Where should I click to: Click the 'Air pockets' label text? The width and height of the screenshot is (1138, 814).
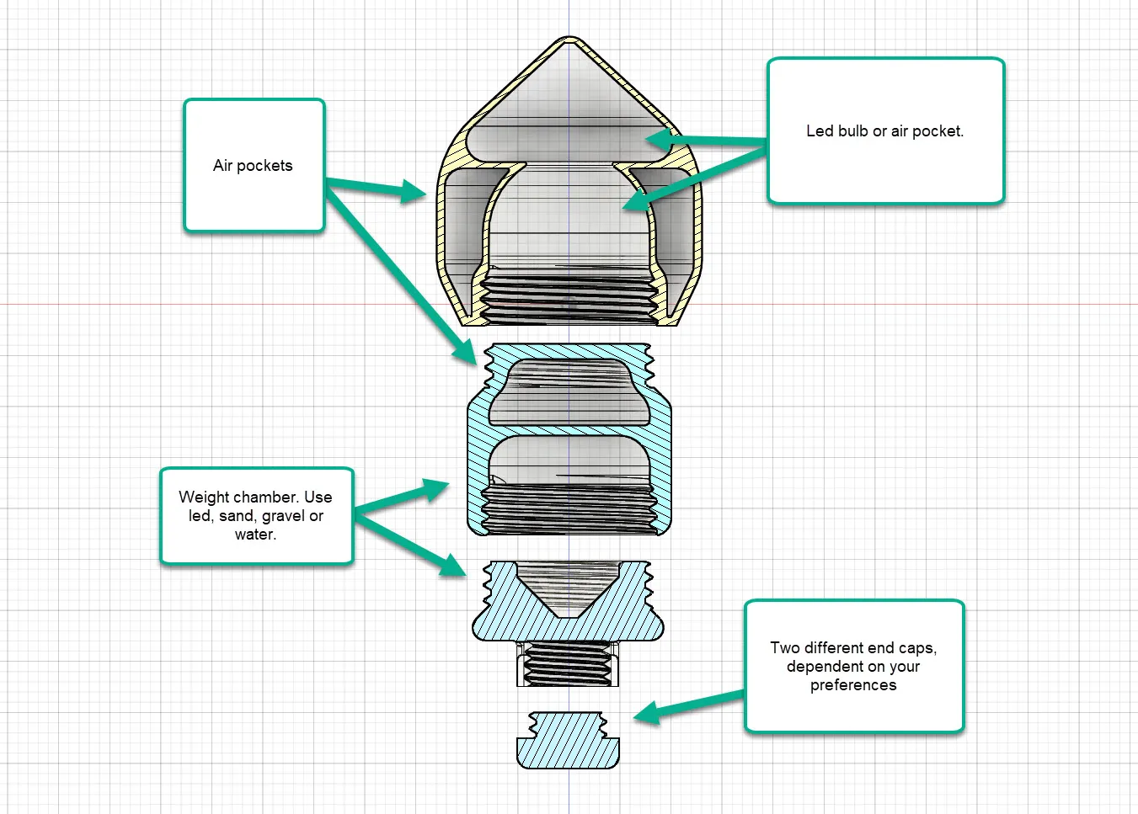pyautogui.click(x=253, y=166)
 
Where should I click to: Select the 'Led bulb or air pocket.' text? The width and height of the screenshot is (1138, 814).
pyautogui.click(x=884, y=131)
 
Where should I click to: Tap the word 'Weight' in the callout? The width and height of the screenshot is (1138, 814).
pyautogui.click(x=204, y=497)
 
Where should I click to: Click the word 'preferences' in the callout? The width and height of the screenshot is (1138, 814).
pyautogui.click(x=853, y=685)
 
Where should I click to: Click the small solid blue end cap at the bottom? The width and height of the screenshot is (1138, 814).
pyautogui.click(x=568, y=741)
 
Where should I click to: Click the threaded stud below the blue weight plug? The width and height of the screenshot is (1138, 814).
pyautogui.click(x=567, y=663)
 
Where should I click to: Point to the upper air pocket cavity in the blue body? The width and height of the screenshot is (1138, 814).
pyautogui.click(x=569, y=391)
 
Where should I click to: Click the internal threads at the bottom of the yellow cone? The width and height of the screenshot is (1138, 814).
pyautogui.click(x=569, y=299)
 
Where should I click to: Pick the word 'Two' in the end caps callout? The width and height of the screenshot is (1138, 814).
pyautogui.click(x=785, y=648)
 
